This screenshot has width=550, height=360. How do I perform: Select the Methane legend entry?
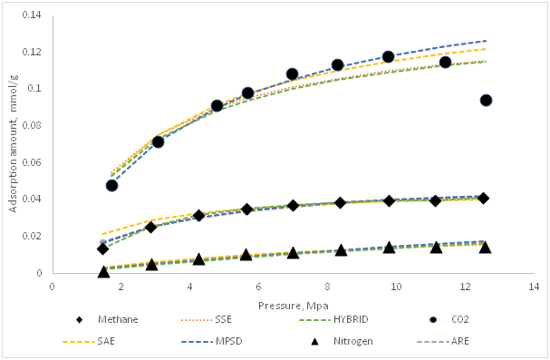(x=103, y=318)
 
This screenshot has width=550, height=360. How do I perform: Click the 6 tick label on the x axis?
(x=258, y=286)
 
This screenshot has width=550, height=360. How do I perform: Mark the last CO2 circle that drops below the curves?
(x=486, y=100)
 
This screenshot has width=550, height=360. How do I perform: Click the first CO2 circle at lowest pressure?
(x=111, y=185)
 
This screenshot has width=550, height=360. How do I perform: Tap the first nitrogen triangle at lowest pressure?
(x=104, y=271)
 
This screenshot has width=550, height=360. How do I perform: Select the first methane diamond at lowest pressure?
(x=103, y=248)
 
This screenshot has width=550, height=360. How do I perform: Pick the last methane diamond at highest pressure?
(x=484, y=198)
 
